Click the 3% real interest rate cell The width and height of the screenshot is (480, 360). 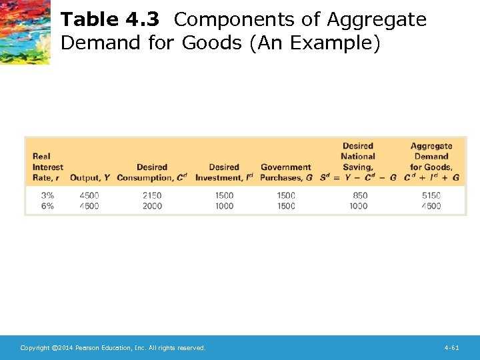47,195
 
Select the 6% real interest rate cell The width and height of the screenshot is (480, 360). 47,206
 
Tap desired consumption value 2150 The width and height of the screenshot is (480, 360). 152,195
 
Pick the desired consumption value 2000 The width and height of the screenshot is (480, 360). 152,206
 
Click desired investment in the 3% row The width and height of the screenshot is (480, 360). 225,195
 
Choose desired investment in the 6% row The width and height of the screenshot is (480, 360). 225,206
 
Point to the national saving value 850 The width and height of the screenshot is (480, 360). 360,195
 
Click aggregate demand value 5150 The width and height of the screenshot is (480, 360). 431,195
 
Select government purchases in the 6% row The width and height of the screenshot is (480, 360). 286,206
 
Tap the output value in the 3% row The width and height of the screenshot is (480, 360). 89,195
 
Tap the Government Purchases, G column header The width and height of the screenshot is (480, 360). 286,172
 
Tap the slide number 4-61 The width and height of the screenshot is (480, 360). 451,348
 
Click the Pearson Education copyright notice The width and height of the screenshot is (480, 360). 113,348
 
